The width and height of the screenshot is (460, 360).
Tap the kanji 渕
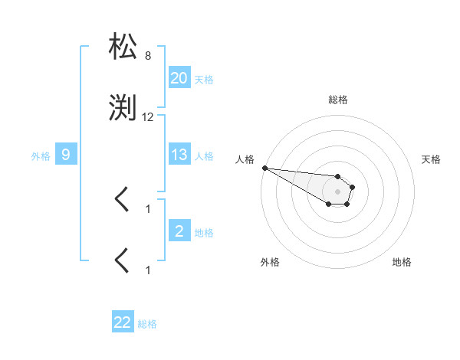(x=123, y=108)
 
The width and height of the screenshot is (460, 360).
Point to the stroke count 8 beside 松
(x=148, y=56)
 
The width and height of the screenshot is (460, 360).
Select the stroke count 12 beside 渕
(x=148, y=117)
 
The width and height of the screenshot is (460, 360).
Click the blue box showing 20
(x=179, y=78)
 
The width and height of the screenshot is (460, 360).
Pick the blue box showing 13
(x=179, y=155)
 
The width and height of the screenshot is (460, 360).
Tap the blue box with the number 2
(x=179, y=231)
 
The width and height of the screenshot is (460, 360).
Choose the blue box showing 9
(x=66, y=155)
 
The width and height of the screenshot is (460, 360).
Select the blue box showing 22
(x=123, y=323)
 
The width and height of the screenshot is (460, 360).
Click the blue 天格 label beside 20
(x=204, y=79)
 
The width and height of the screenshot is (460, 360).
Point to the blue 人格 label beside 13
(x=204, y=155)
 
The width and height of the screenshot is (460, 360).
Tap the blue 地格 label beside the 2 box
(x=204, y=232)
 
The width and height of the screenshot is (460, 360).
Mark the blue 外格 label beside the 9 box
(x=41, y=155)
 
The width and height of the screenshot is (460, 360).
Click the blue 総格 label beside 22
(x=147, y=324)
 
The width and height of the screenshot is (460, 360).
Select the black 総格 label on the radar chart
(x=337, y=100)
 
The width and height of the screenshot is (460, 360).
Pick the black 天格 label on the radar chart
(x=431, y=159)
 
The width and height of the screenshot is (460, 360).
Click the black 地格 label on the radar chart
(x=402, y=262)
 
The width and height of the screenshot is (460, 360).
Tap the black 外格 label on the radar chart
(x=270, y=262)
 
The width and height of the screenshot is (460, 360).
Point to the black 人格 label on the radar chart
(x=244, y=159)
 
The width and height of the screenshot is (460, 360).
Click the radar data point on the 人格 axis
(x=264, y=168)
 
